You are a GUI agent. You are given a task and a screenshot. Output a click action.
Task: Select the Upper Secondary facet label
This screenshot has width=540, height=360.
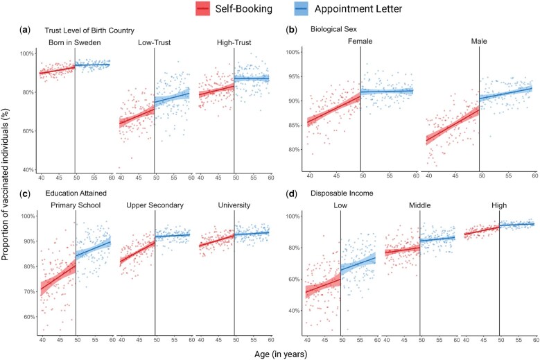(x=155, y=205)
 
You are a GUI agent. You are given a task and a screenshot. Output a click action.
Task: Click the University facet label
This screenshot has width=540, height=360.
(x=234, y=205)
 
